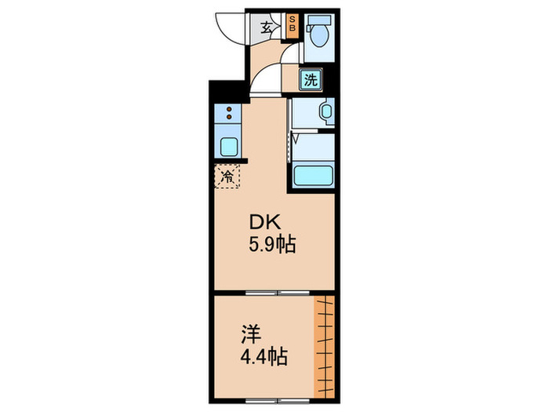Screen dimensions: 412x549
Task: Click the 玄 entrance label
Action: point(267,28)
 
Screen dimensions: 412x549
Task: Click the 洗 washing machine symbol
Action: point(311,78)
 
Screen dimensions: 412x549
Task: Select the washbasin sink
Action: point(326,111)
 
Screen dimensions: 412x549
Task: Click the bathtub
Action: point(314,176)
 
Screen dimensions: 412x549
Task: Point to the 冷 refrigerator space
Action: point(227,176)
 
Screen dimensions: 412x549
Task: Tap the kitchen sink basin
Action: point(228,146)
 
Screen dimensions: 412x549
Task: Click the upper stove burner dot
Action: point(228,109)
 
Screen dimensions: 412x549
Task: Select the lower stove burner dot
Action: point(228,118)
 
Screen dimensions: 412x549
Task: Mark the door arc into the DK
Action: point(265,79)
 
